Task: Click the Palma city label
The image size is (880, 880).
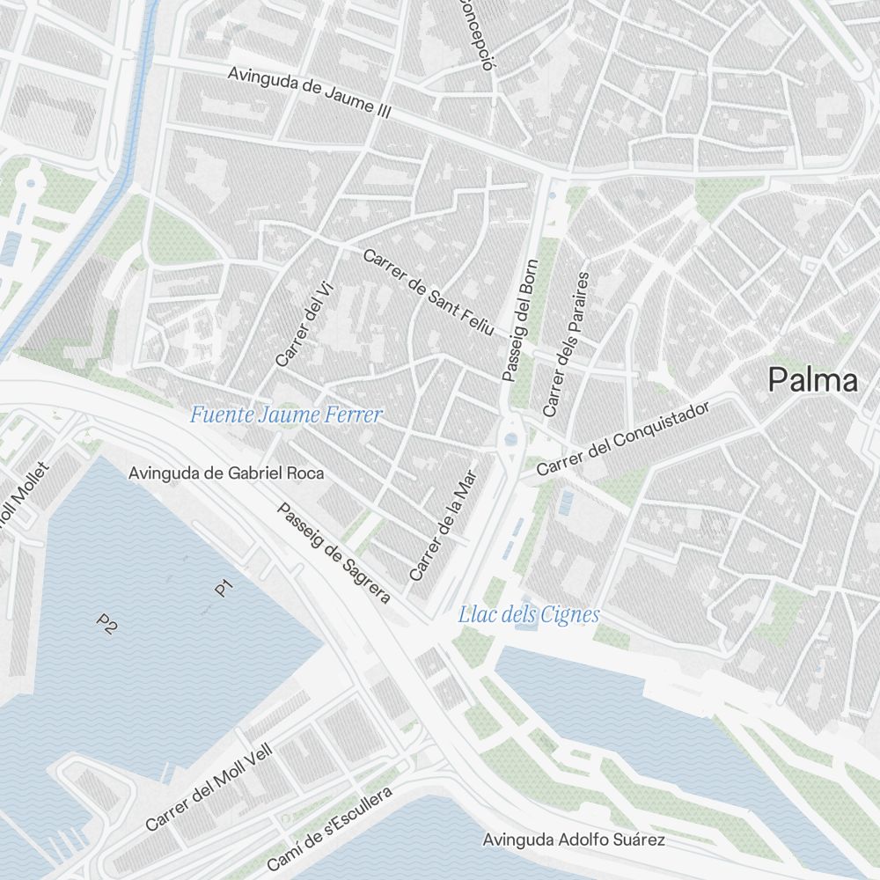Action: coord(812,380)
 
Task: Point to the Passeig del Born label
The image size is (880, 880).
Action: coord(519,319)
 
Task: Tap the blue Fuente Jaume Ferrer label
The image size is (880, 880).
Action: coord(286,414)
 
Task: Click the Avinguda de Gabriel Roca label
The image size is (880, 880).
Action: coord(226,473)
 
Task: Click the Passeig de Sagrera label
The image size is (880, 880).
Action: coord(334,554)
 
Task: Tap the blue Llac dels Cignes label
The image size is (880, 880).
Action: coord(528,615)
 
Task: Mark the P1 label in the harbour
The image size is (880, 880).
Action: coord(224,587)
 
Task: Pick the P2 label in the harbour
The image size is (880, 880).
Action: coord(107,624)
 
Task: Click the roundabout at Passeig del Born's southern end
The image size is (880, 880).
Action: coord(511,439)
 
